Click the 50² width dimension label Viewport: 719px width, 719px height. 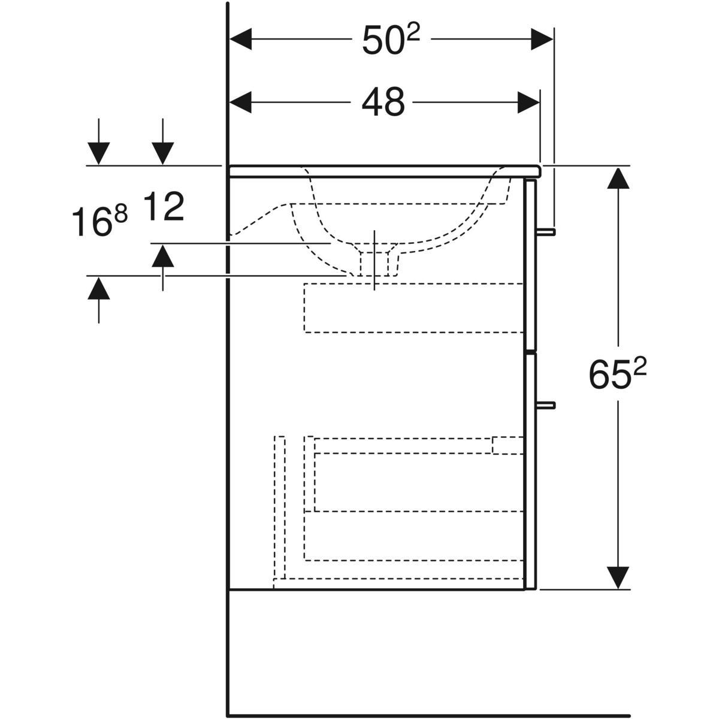pos(391,41)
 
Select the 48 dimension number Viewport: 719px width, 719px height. pos(383,102)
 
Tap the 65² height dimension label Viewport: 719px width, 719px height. pos(617,375)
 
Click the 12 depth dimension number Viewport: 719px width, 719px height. pos(163,207)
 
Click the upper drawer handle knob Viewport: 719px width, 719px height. pos(547,231)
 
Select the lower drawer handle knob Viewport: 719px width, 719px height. pos(547,405)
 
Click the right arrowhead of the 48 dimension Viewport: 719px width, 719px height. pos(528,102)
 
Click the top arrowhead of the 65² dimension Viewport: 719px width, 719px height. pos(618,178)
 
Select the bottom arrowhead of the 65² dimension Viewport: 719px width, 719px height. pos(618,577)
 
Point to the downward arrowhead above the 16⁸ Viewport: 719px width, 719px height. pos(99,153)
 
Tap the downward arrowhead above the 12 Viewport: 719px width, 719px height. pos(162,153)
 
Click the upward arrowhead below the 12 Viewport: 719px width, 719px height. pos(162,256)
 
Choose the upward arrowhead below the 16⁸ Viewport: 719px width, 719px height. pos(99,288)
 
